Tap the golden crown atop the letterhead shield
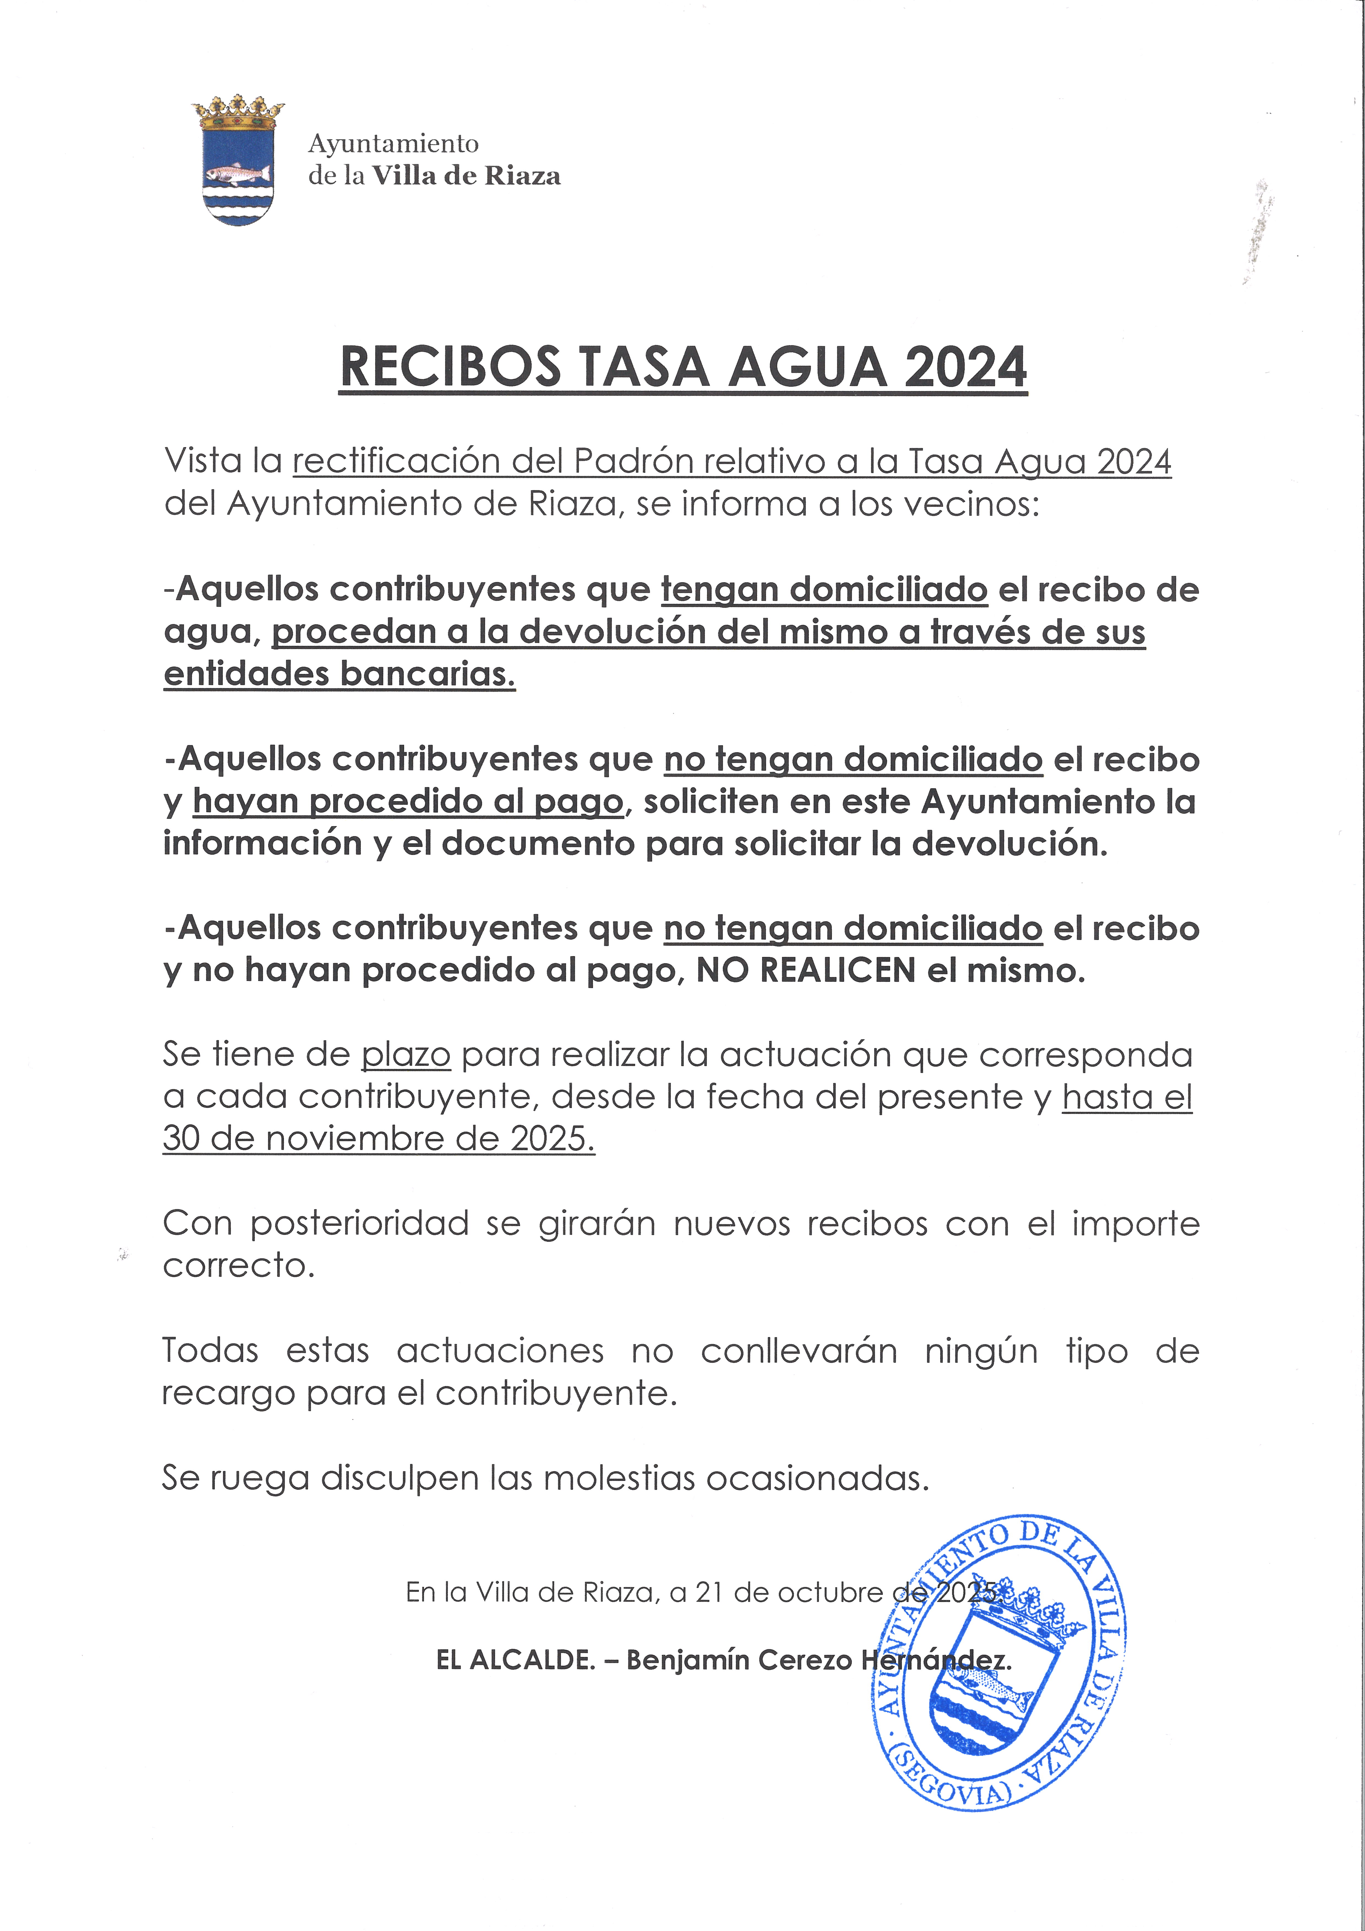238,112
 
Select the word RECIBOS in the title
450,368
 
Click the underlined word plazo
406,1055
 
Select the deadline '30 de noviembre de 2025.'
378,1139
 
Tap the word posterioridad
359,1224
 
